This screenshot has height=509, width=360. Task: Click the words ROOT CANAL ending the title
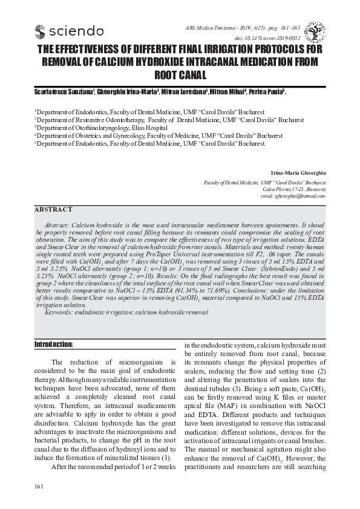[x=180, y=76]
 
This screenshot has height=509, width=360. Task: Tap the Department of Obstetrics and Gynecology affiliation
[x=151, y=136]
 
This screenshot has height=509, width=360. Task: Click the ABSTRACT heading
[x=53, y=210]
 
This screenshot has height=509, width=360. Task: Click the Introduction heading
[x=53, y=345]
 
